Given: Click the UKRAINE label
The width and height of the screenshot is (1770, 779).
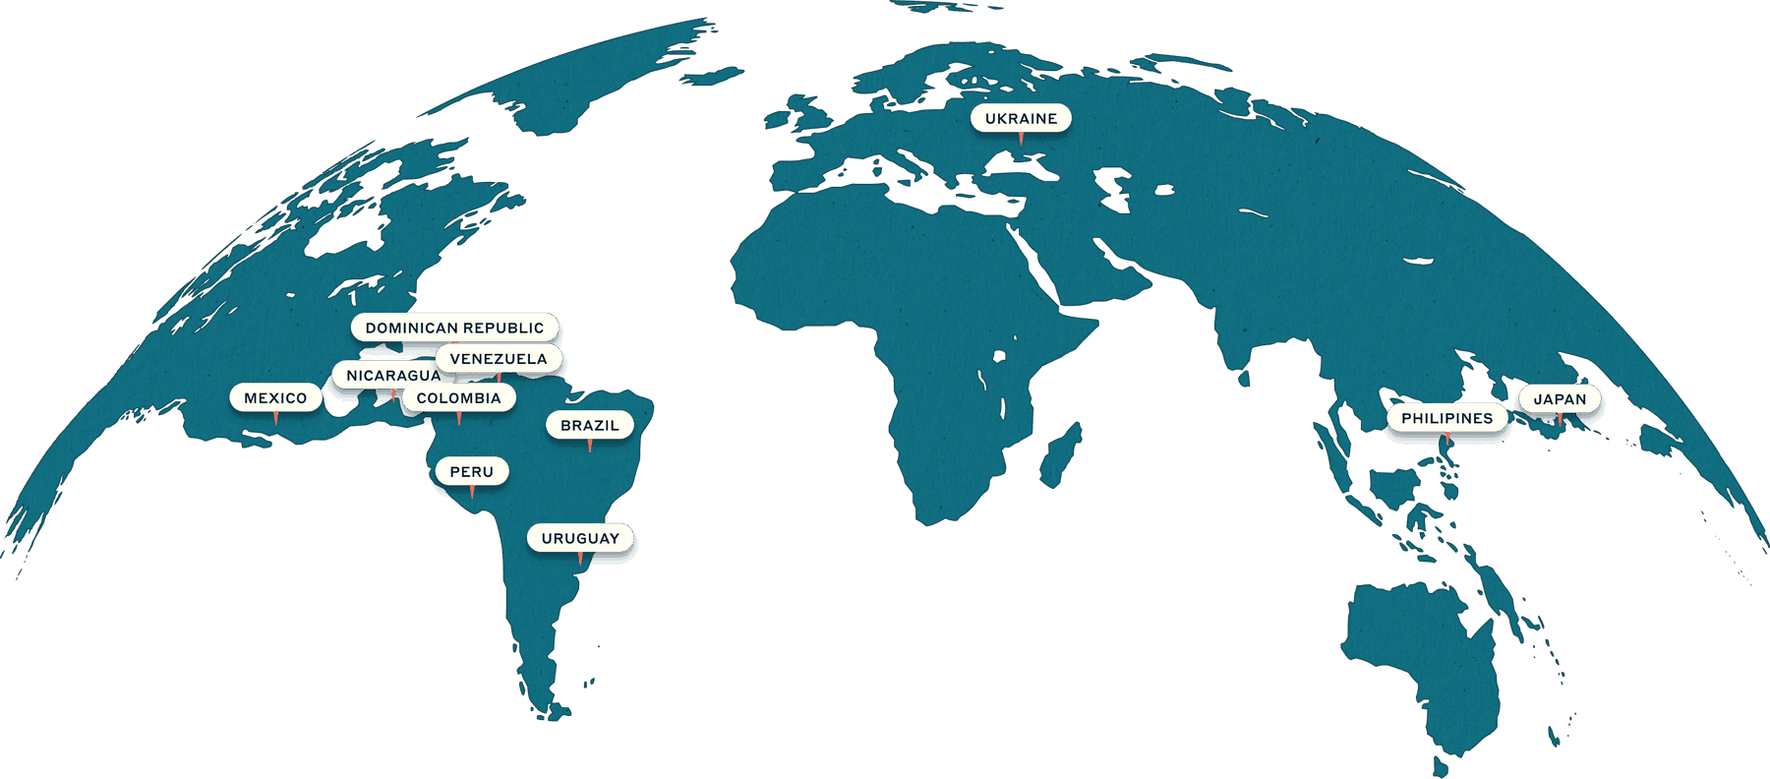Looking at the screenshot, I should (x=1021, y=118).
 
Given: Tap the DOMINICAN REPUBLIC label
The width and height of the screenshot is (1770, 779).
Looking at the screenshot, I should (x=454, y=328).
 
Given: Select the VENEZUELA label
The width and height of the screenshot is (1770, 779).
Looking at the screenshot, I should (x=499, y=359).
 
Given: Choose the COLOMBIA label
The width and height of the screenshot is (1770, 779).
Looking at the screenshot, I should (x=459, y=398).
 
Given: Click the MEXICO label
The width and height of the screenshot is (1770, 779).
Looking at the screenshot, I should (x=275, y=398).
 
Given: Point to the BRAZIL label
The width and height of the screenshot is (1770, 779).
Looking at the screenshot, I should (x=590, y=426).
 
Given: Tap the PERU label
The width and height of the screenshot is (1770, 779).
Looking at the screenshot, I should (x=472, y=472).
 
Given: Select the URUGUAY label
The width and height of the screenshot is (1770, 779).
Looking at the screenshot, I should (x=580, y=539).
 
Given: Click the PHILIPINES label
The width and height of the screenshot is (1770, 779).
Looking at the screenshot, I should (x=1446, y=418).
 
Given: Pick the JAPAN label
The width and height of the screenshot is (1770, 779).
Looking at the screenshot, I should (x=1560, y=399).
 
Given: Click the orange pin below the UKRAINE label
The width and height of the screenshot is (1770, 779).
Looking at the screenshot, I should (x=1021, y=140).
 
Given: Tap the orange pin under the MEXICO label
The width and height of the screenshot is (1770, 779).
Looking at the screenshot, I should (x=275, y=419).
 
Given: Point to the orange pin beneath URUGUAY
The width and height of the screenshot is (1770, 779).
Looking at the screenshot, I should (x=580, y=560).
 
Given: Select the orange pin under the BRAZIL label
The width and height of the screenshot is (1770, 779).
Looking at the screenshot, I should (x=590, y=447).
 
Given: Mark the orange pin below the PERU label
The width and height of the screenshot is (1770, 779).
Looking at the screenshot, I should (x=472, y=493).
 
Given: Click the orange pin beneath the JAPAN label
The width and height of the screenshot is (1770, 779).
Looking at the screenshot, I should (x=1560, y=420).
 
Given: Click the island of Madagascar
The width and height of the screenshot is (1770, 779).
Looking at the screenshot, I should (x=1062, y=454).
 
